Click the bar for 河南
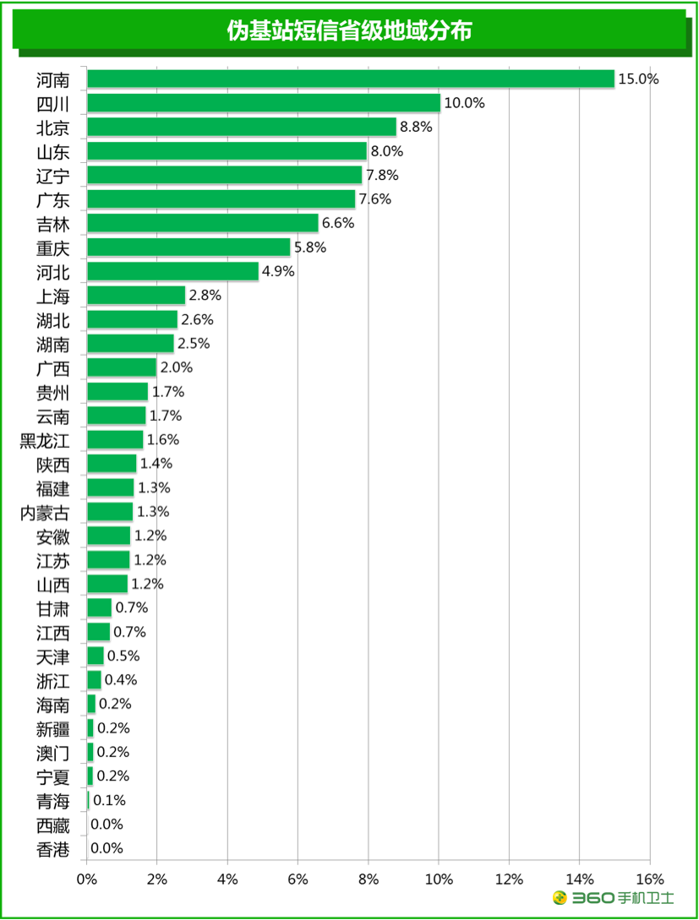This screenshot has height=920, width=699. [351, 79]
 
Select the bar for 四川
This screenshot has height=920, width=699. [264, 103]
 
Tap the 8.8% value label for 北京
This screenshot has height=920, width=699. [416, 127]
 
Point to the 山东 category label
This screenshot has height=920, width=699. [52, 151]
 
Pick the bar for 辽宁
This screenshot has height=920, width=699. [224, 175]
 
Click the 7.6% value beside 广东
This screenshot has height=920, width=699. [375, 199]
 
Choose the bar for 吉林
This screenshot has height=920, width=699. [203, 223]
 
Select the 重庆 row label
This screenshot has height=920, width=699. [52, 248]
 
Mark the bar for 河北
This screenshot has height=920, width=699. [172, 271]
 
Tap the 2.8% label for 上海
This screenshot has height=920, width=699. [205, 296]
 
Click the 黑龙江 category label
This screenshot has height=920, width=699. [44, 440]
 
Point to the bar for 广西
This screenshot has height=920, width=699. [122, 367]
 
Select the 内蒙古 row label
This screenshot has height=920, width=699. [44, 512]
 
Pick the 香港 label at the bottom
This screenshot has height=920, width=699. [52, 849]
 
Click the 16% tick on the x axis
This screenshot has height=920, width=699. [649, 879]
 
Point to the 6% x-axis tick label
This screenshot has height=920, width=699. [298, 879]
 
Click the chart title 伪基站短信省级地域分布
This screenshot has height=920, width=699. [349, 31]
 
